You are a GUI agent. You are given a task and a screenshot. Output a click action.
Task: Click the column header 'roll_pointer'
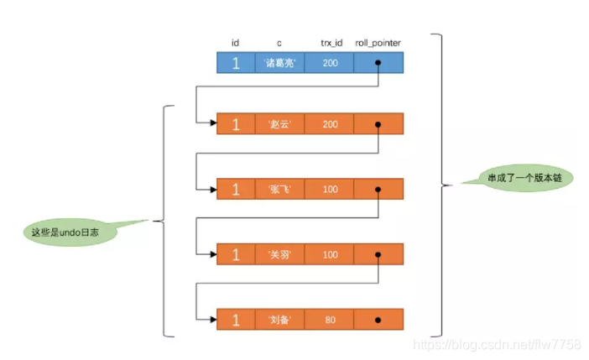point(379,43)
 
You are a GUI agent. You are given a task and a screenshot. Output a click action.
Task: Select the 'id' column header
point(236,43)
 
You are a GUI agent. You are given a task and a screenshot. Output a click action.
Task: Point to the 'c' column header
point(279,43)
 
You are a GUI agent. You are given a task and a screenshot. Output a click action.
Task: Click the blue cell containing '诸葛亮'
point(279,63)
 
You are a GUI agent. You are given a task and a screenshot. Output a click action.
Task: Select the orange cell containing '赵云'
point(279,124)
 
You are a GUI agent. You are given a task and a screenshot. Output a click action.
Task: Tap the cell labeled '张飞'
point(279,189)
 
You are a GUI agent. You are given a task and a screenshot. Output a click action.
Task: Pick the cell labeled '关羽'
point(279,253)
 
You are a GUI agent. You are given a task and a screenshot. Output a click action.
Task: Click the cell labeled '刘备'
point(279,320)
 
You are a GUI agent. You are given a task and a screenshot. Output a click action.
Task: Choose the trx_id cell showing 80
point(330,320)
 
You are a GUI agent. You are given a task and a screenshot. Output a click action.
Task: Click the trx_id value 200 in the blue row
point(330,63)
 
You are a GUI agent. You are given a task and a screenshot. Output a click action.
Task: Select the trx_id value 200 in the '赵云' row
point(330,124)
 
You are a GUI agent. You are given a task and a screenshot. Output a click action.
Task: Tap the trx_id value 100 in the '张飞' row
point(330,189)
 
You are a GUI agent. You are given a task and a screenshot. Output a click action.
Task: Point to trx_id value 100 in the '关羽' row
point(330,253)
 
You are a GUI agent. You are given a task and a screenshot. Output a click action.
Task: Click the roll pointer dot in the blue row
point(379,63)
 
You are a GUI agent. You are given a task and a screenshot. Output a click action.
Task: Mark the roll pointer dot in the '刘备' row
point(379,320)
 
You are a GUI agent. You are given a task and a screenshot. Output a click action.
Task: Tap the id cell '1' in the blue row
point(236,63)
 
